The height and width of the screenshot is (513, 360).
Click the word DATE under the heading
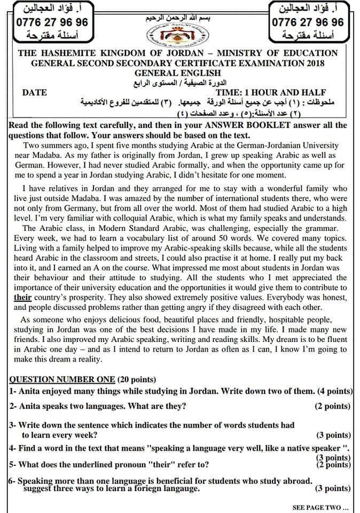pos(35,92)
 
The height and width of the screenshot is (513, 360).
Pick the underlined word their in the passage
pos(22,297)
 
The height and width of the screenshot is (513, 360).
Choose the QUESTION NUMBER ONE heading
pos(62,379)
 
